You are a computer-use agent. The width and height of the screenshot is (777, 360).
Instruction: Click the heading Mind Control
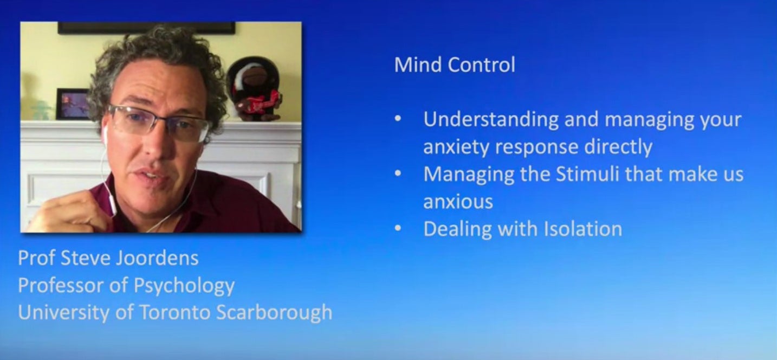455,65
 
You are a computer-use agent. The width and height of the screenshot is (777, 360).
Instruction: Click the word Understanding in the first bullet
491,120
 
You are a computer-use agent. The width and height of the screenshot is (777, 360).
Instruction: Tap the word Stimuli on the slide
587,173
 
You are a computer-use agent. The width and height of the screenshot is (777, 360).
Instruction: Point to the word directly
618,147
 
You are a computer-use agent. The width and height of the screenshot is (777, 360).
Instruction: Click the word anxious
458,202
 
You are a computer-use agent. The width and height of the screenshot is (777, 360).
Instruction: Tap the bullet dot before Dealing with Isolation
398,228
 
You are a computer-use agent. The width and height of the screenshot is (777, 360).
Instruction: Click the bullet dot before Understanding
398,119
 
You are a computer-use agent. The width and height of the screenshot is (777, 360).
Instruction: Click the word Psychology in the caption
184,286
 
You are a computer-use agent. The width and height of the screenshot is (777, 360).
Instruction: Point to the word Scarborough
274,313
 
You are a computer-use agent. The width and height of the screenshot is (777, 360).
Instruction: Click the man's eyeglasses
158,123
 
